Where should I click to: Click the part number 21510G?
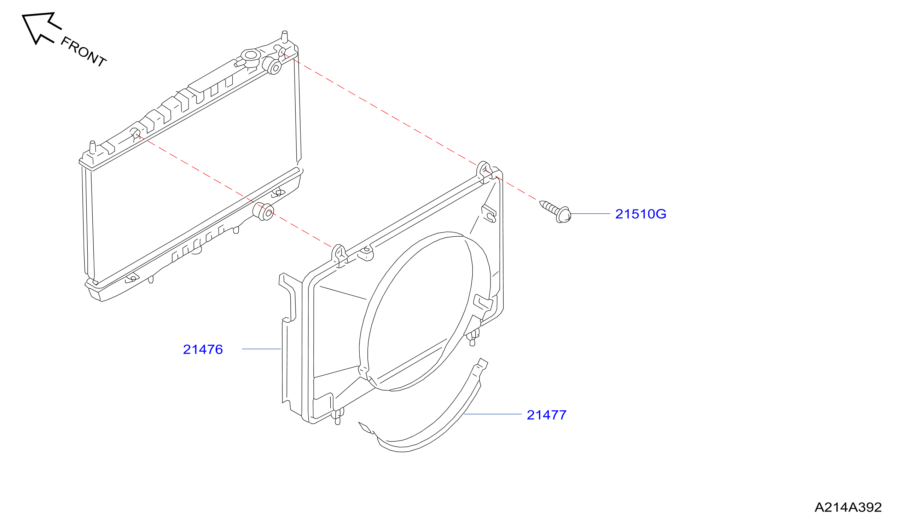click(x=640, y=214)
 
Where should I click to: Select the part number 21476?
click(x=203, y=350)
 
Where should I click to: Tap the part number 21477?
click(x=546, y=415)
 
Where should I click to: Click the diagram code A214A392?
click(x=848, y=508)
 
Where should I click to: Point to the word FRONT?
click(x=83, y=52)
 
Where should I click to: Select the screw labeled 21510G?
click(x=555, y=212)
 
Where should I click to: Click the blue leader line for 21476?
click(x=261, y=349)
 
